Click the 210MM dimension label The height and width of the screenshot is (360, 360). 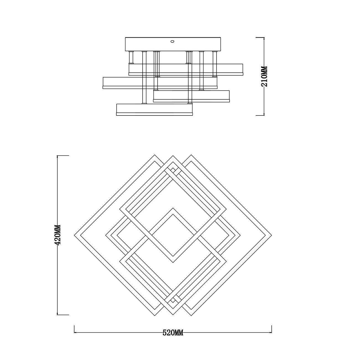tap(264, 76)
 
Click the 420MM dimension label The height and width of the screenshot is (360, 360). tap(57, 235)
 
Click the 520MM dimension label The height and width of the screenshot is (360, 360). tap(173, 333)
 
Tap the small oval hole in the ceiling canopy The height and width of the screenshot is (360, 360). tap(173, 41)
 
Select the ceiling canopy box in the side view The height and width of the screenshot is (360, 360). tap(173, 44)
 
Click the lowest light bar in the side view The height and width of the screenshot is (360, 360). tap(155, 110)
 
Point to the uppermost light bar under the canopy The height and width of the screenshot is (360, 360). tap(186, 70)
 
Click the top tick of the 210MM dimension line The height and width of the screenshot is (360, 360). tap(260, 37)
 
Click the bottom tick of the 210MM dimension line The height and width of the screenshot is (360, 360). tap(260, 115)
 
